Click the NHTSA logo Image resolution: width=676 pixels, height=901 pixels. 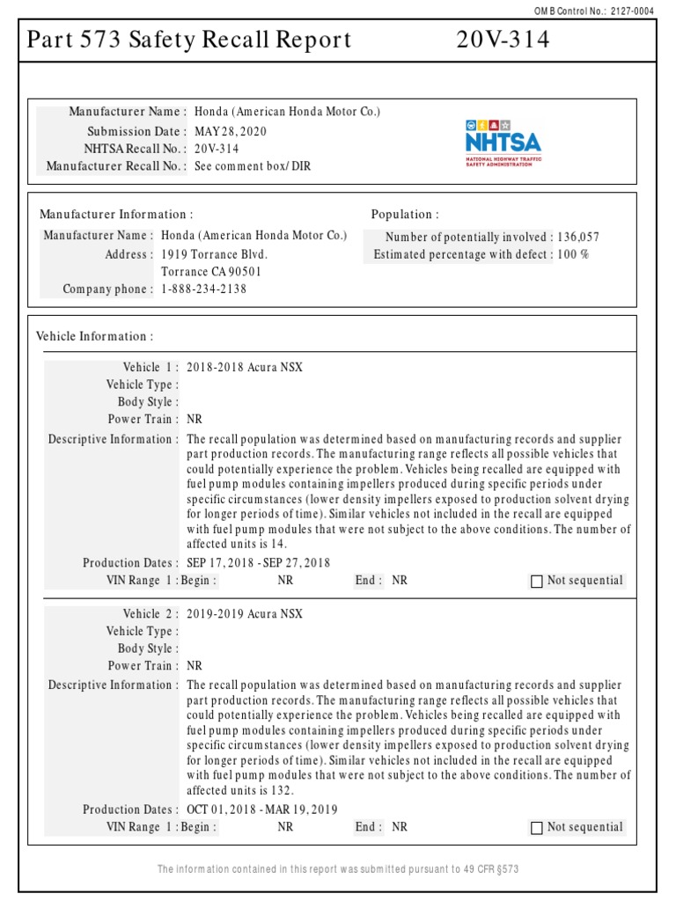click(503, 142)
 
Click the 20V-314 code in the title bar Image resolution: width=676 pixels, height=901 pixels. click(503, 40)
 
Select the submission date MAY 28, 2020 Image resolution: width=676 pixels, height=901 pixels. click(231, 131)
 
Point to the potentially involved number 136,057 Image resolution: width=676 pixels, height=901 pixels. click(578, 237)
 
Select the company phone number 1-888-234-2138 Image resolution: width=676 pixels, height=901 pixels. click(204, 289)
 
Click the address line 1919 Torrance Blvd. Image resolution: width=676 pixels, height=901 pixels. click(215, 254)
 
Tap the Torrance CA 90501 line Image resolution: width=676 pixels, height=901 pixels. click(211, 272)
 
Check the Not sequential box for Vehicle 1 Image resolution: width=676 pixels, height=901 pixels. click(537, 581)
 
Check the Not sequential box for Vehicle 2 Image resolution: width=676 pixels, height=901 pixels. click(537, 827)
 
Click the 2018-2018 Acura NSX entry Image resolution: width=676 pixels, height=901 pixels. click(245, 367)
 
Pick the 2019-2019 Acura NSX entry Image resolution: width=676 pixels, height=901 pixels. click(245, 613)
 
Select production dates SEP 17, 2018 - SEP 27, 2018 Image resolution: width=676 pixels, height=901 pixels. click(259, 563)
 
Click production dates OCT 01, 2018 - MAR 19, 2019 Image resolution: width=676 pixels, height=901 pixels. click(262, 809)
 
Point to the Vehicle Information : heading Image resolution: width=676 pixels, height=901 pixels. click(95, 336)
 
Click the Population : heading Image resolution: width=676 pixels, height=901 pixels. click(405, 215)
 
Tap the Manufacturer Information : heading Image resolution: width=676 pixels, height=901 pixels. click(116, 215)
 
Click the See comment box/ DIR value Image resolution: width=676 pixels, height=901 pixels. click(253, 165)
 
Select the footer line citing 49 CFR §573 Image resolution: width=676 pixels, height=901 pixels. click(338, 869)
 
